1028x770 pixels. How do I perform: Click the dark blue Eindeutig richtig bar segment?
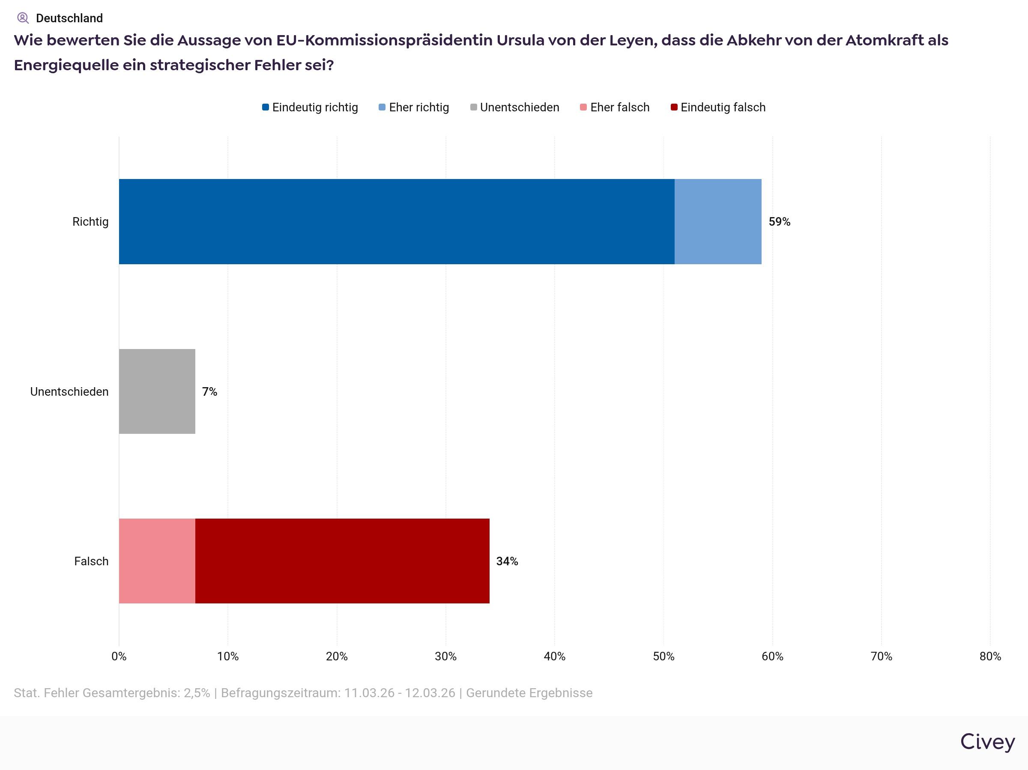tap(396, 222)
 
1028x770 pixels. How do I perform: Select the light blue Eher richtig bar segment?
tap(717, 222)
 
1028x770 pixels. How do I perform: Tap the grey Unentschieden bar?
tap(157, 391)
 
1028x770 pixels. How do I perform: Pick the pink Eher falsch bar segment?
tap(157, 561)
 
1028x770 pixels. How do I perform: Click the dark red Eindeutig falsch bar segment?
tap(342, 561)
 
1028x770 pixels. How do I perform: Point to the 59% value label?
tap(780, 222)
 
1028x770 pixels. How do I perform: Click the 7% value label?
tap(209, 392)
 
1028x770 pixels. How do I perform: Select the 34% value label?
tap(507, 561)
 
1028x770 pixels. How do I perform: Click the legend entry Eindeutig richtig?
tap(311, 107)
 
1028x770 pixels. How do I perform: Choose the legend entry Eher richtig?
tap(414, 107)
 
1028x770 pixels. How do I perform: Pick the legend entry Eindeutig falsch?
tap(718, 107)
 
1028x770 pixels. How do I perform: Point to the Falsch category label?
tap(91, 561)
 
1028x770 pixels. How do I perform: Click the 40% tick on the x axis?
tap(554, 656)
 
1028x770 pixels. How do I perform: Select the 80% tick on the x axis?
tap(990, 656)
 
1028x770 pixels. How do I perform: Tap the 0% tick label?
tap(119, 656)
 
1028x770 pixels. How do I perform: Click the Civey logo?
tap(988, 742)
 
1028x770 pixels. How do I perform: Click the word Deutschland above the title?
tap(69, 18)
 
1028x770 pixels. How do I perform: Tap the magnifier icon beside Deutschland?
tap(23, 18)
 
